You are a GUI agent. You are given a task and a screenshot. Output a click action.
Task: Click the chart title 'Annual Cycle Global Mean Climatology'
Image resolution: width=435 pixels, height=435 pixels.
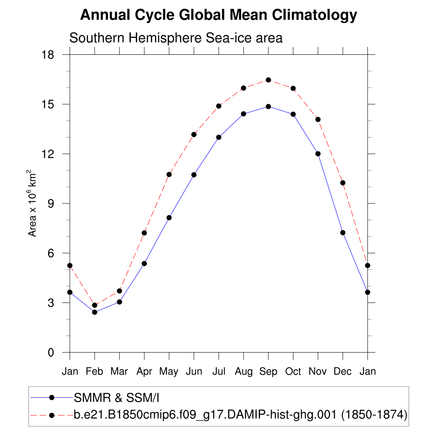point(218,15)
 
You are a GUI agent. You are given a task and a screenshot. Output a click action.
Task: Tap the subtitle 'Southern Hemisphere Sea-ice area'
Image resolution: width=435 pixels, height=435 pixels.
point(176,38)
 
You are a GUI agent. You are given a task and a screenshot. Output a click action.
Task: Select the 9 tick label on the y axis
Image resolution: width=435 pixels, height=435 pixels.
point(51,203)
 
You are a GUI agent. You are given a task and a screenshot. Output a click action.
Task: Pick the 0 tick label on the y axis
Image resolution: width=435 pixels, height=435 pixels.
point(51,353)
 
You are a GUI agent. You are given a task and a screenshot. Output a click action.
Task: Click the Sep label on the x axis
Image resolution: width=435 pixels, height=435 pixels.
point(268,372)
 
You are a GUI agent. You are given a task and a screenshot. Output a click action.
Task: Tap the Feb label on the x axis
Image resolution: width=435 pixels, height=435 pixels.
point(94,372)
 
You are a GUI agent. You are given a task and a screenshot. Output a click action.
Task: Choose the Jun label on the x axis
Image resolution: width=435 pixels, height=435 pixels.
point(194,372)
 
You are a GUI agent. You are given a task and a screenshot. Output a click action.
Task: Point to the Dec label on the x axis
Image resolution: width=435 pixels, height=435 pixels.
point(342,372)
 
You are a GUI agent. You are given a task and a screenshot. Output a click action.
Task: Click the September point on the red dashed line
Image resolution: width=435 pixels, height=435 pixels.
point(268,80)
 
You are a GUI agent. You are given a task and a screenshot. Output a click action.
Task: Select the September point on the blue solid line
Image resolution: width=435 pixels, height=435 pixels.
point(268,106)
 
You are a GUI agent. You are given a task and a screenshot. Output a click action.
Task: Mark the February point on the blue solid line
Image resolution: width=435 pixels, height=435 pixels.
point(95,312)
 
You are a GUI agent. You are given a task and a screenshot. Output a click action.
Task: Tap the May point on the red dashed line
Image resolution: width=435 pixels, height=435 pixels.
point(169,174)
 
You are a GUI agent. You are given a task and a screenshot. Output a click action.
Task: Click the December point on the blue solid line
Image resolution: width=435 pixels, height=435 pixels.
point(343,232)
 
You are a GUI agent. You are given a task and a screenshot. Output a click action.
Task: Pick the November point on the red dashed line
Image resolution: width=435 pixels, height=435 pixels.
point(318,119)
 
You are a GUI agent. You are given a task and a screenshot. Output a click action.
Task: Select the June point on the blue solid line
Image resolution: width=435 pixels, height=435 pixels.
point(194,175)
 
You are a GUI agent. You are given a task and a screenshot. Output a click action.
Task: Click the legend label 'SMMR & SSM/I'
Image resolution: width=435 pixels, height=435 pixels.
point(116,398)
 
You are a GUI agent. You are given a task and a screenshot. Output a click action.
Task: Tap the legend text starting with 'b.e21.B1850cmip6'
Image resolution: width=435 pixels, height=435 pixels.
point(240,415)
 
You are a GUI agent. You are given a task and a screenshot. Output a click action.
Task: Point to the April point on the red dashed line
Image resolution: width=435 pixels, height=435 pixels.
point(144,233)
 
